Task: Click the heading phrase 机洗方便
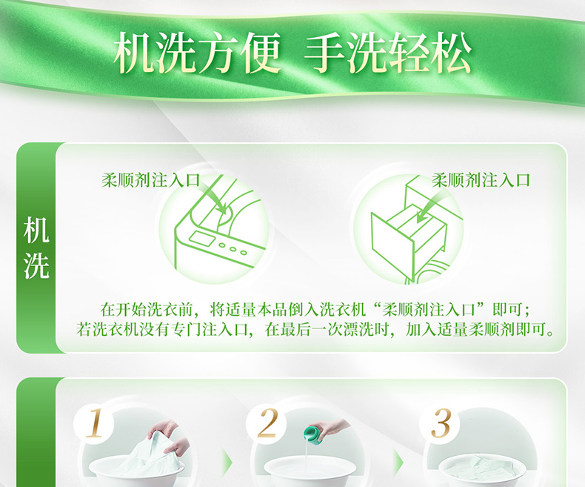point(197,53)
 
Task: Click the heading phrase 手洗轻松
point(388,53)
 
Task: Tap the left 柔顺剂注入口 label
point(151,180)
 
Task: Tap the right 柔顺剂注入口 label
point(481,180)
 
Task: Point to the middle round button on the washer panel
point(233,249)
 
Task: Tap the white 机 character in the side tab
point(36,231)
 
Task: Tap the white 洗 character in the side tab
point(36,265)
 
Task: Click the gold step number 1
point(94,423)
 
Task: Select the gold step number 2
point(267,423)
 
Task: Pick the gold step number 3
point(441,423)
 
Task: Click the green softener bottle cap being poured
point(312,432)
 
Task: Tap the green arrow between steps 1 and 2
point(227,463)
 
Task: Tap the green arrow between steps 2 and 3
point(398,463)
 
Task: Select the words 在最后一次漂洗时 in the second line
point(327,330)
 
